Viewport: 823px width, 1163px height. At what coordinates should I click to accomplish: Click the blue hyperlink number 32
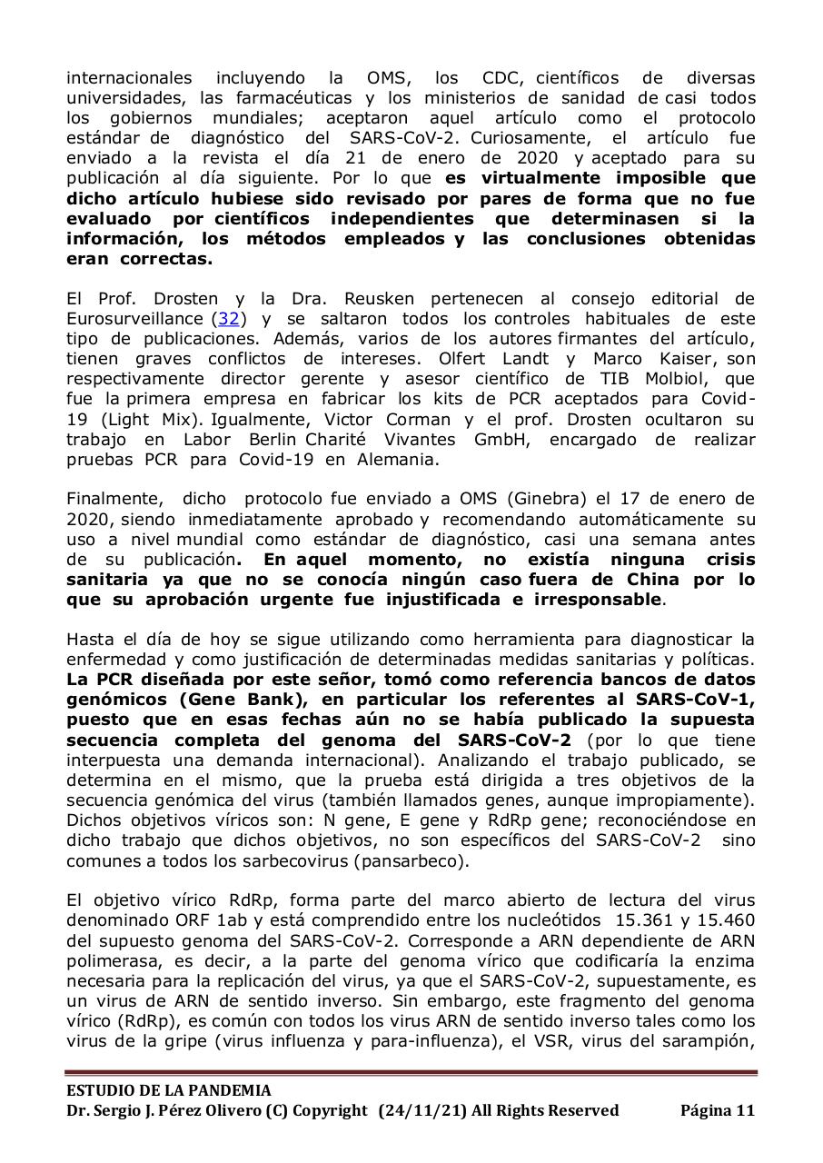pyautogui.click(x=229, y=319)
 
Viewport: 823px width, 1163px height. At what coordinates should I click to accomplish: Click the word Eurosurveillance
pyautogui.click(x=134, y=319)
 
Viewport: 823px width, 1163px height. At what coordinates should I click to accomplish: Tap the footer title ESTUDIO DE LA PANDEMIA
pyautogui.click(x=168, y=1090)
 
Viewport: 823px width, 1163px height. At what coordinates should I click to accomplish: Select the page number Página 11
pyautogui.click(x=717, y=1110)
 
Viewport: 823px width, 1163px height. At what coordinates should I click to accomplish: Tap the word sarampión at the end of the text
pyautogui.click(x=709, y=1040)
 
